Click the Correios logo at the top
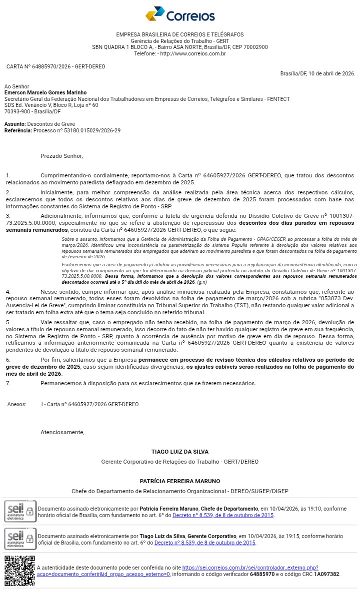180,14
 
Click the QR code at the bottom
19,571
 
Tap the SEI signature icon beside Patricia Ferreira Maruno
20,511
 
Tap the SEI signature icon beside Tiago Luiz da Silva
20,539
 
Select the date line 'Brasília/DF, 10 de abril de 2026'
317,73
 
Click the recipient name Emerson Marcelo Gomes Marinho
45,92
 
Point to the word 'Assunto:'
15,124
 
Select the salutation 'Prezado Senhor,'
61,156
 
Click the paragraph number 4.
8,291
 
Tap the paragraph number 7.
8,383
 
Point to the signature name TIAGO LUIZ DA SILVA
180,452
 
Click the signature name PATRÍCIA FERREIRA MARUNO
180,481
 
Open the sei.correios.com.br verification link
250,568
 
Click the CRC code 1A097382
326,575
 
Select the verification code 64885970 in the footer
262,575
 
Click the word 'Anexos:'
17,404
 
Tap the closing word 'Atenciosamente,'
62,432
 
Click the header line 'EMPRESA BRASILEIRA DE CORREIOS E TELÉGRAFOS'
180,34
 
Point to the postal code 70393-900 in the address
17,111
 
